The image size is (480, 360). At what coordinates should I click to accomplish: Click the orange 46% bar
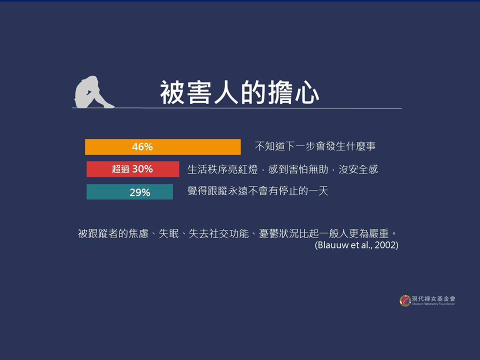pos(163,147)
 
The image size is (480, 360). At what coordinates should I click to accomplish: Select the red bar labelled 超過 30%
pos(133,169)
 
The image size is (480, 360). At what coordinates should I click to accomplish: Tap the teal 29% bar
pos(130,192)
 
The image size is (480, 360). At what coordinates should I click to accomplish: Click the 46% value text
pos(142,147)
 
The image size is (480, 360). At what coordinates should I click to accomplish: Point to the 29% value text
pos(140,192)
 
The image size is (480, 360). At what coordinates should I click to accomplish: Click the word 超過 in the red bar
pos(120,169)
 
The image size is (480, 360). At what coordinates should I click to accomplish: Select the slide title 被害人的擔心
pos(239,93)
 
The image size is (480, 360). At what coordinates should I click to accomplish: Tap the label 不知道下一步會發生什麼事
pos(315,146)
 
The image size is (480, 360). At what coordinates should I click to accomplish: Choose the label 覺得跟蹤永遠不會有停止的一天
pos(258,191)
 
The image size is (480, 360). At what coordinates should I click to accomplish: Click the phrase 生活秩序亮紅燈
pos(222,169)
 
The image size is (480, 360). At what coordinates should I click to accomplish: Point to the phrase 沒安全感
pos(358,169)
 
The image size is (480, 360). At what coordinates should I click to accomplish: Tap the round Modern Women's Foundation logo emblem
pos(405,300)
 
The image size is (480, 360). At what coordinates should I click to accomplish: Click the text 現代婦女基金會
pos(433,298)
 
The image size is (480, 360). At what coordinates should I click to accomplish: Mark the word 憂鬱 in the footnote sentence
pos(269,234)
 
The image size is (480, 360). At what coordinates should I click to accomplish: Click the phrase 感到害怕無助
pos(298,169)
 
